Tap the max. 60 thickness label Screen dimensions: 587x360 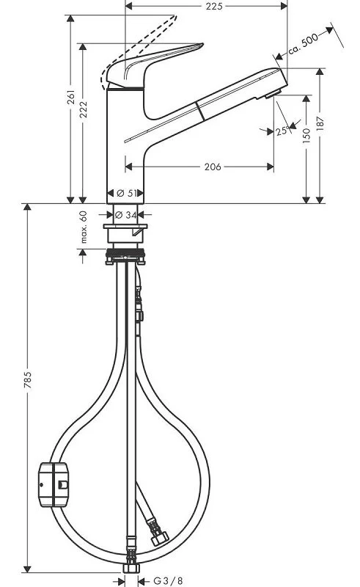pyautogui.click(x=84, y=226)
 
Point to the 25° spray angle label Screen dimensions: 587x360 pyautogui.click(x=282, y=131)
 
